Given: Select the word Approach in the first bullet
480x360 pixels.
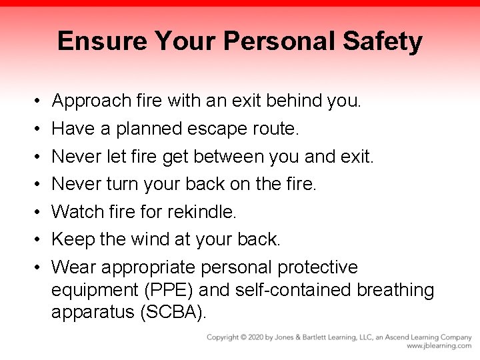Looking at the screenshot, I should coord(92,101).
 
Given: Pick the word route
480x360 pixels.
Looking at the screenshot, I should coord(276,129).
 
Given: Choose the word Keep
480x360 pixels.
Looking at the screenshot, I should coord(72,239).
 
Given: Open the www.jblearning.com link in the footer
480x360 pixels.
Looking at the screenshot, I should coord(439,346).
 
